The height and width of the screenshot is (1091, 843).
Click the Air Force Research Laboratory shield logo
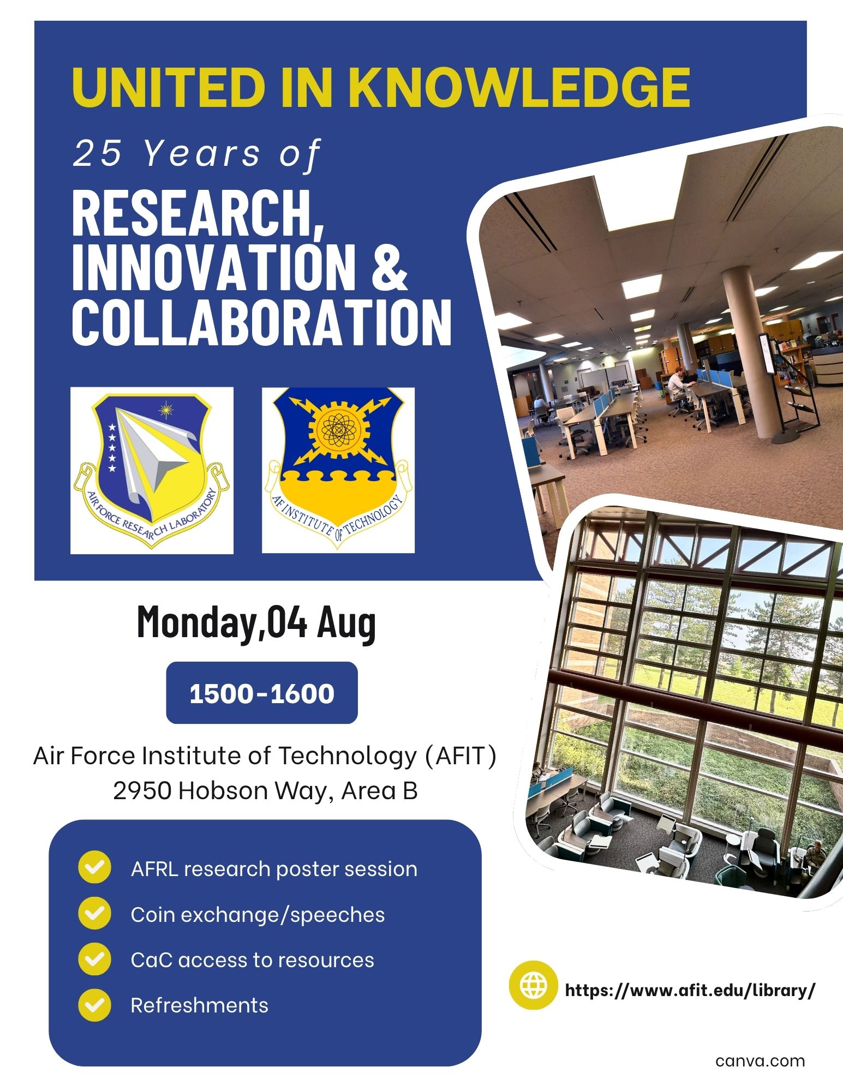click(x=152, y=470)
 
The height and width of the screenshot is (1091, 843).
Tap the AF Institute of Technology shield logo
click(x=338, y=470)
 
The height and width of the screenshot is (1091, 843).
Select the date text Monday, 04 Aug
click(x=256, y=622)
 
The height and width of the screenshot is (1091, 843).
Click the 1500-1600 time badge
click(x=262, y=693)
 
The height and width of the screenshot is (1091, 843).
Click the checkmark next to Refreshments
click(x=94, y=1004)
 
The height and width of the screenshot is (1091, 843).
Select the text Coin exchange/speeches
click(x=258, y=915)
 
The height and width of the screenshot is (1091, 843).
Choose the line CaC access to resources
click(x=253, y=960)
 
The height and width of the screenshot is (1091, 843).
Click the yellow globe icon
click(x=533, y=985)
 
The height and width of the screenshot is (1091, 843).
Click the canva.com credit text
click(x=760, y=1061)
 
